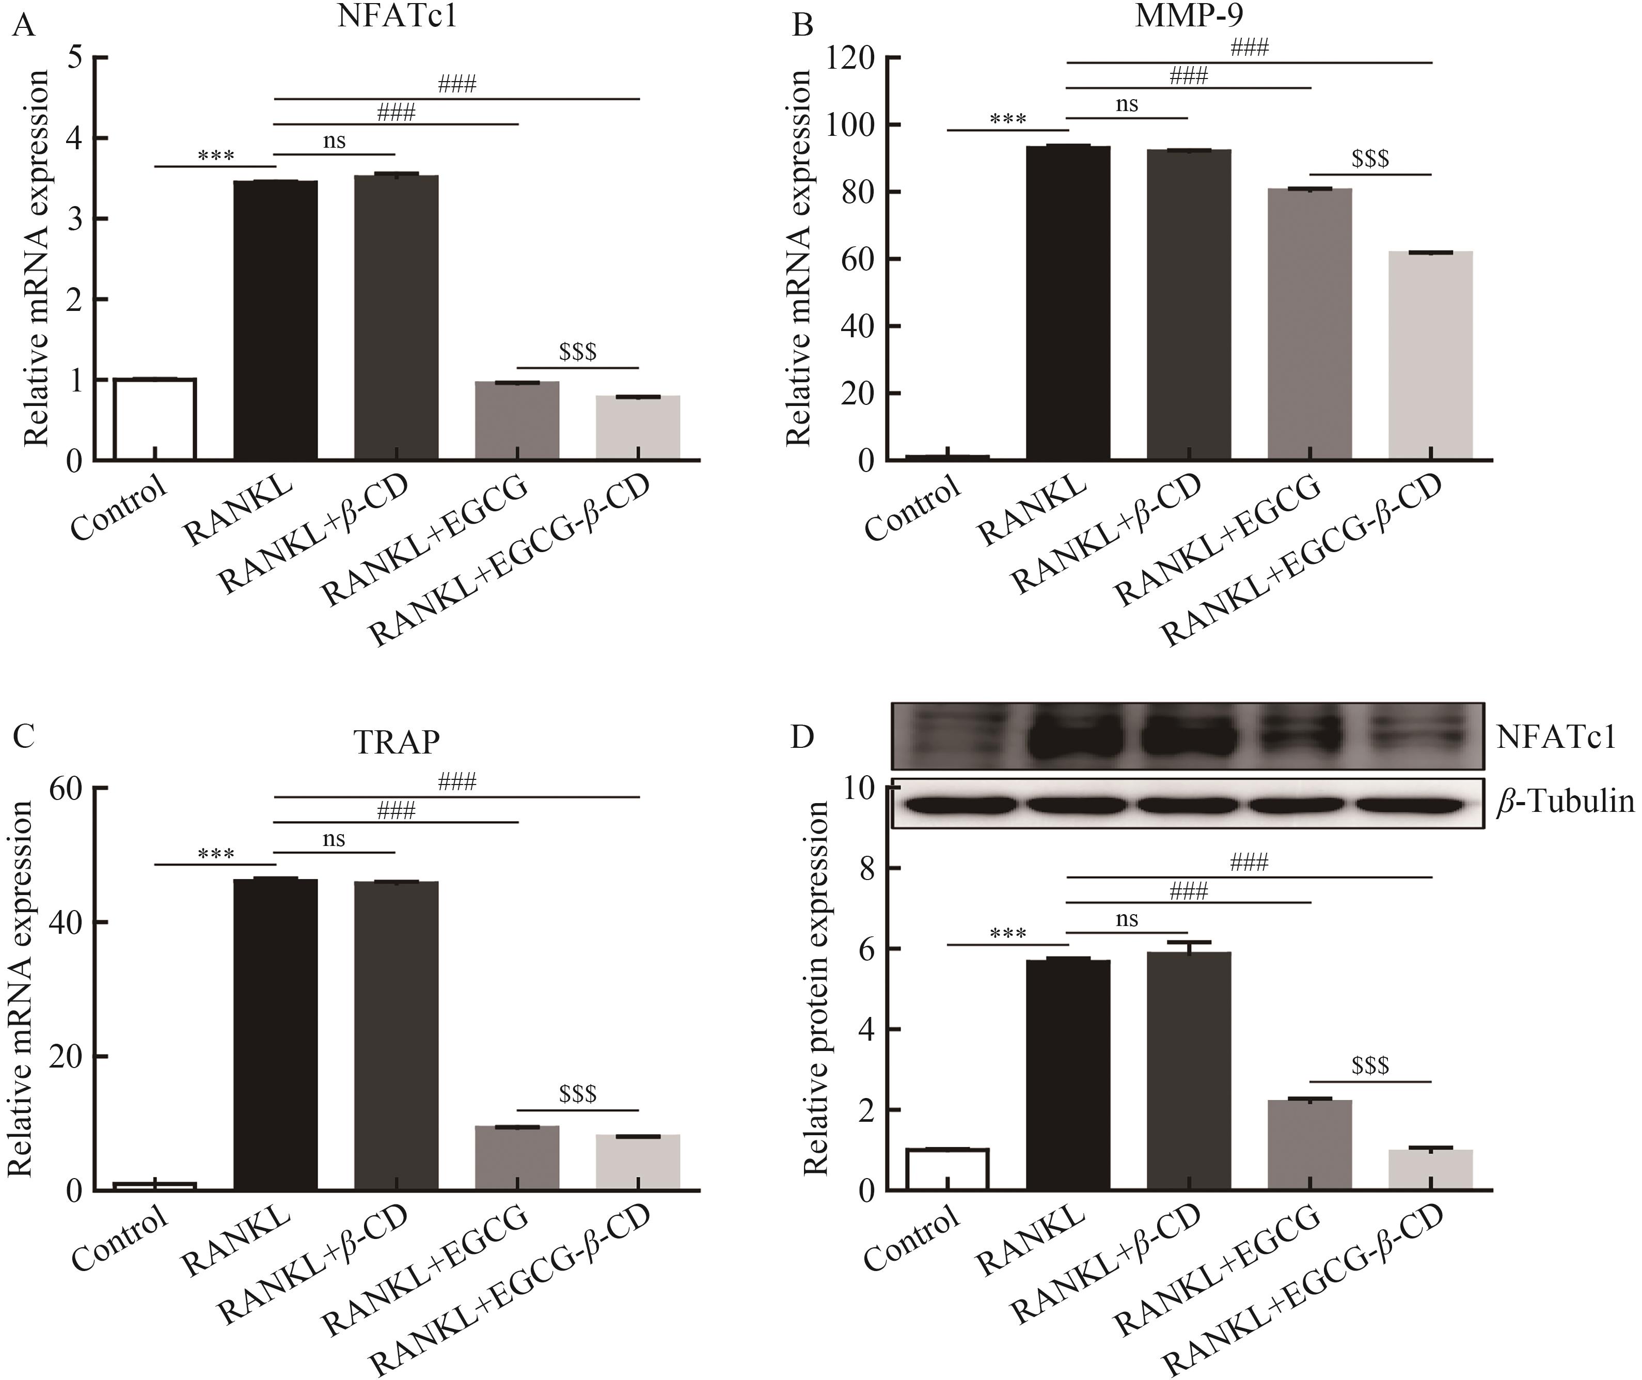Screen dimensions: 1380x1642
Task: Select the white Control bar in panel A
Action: [155, 418]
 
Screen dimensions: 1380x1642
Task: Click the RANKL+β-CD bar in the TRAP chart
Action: [396, 1036]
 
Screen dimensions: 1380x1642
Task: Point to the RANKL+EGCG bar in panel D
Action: [1309, 1146]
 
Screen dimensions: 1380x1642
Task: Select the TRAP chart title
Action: [397, 742]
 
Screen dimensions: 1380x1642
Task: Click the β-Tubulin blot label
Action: [1565, 802]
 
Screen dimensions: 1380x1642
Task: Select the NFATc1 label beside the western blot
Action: [1555, 737]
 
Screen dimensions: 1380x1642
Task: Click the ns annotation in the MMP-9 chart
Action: [1127, 104]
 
